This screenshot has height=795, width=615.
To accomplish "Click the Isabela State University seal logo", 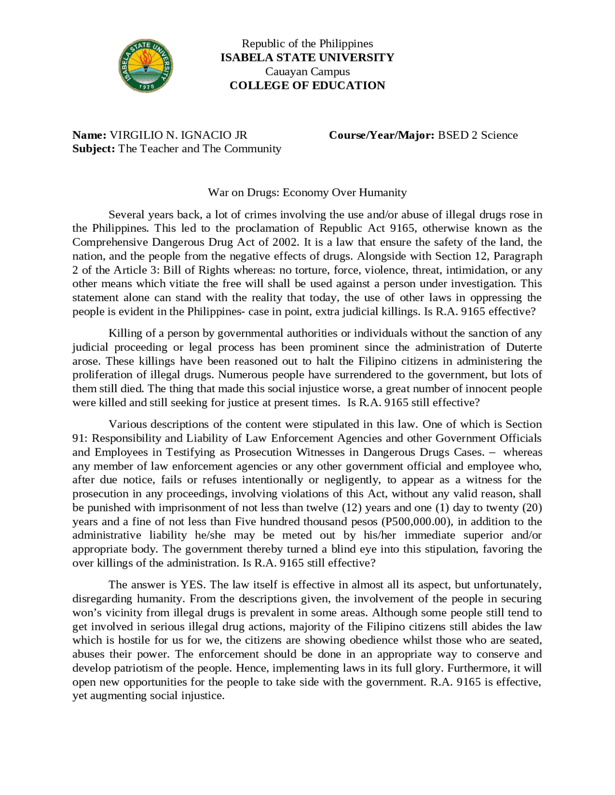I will pos(146,66).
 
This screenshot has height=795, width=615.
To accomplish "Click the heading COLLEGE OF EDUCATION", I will pos(307,85).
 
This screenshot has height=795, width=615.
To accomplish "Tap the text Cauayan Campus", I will pos(307,72).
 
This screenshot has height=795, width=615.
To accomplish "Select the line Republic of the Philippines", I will pos(307,44).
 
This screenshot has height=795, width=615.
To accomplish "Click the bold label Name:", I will pos(89,135).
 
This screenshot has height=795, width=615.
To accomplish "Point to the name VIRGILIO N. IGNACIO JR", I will pos(178,135).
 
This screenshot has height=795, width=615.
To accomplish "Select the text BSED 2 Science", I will pos(478,135).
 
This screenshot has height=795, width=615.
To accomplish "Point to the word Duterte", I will pos(524,347).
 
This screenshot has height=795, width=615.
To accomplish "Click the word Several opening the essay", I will pos(126,215).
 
